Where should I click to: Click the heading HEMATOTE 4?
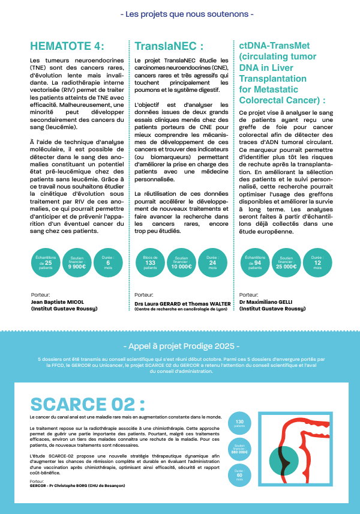tap(67, 47)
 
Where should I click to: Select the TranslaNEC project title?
tap(169, 47)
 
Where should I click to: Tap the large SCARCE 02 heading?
tap(88, 404)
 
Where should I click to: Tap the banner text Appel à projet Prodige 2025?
tap(180, 347)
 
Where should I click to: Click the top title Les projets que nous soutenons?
tap(180, 13)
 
